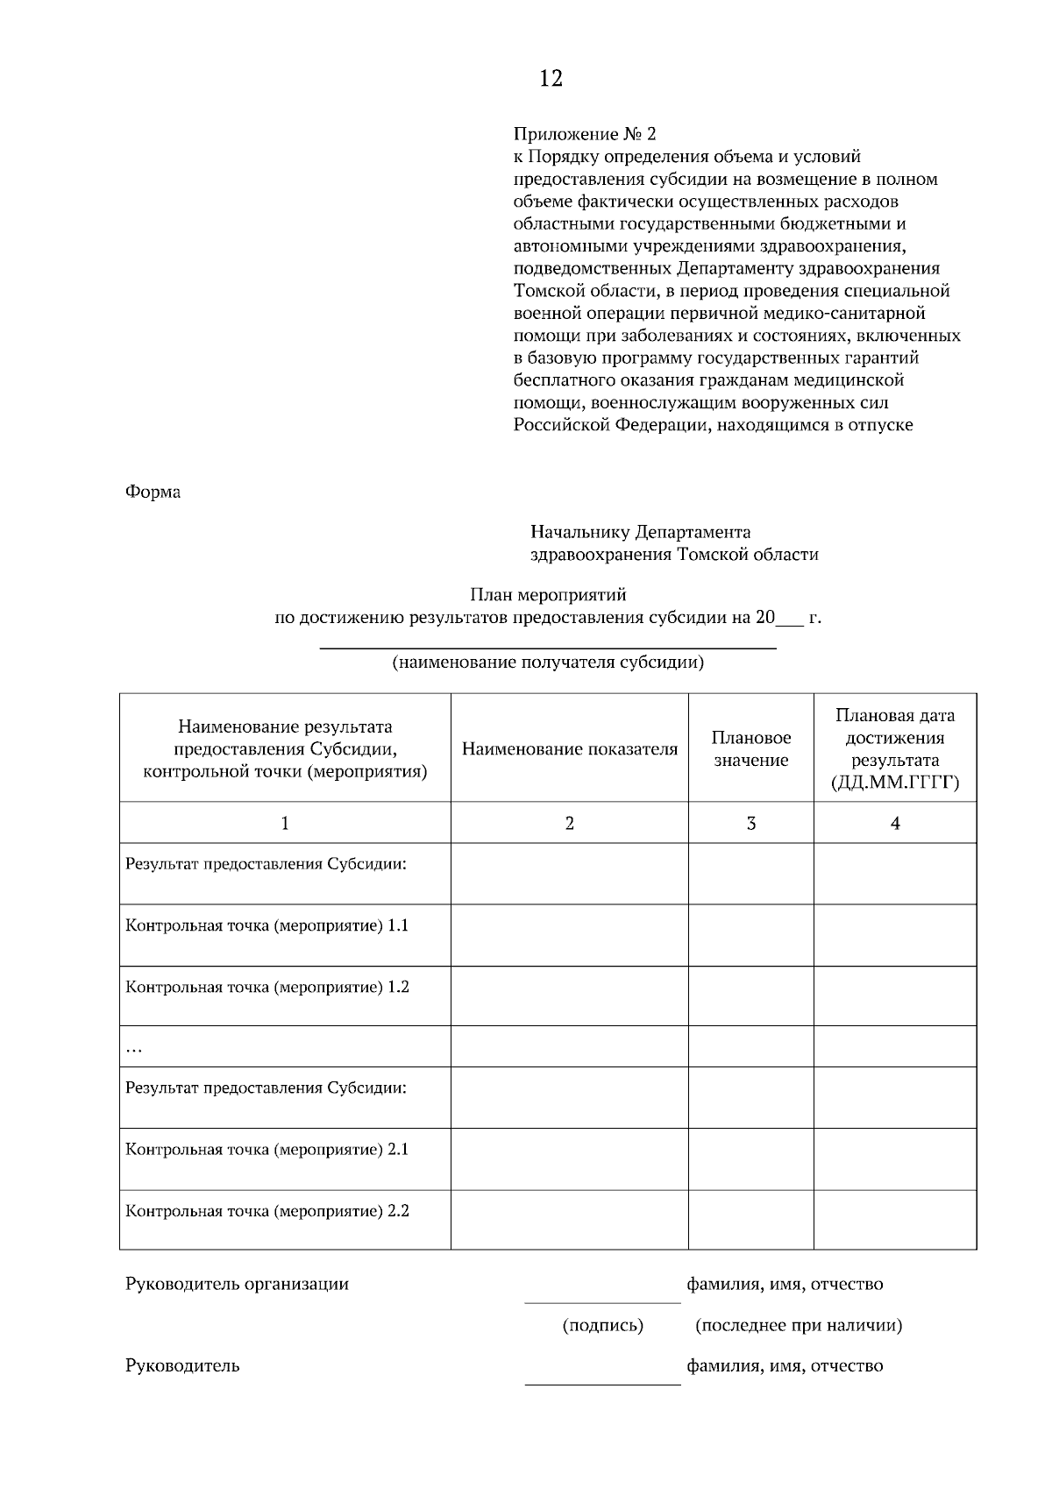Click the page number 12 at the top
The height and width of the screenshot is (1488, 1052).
(551, 79)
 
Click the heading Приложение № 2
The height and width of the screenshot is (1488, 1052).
(584, 134)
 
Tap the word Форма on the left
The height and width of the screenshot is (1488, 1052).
(153, 492)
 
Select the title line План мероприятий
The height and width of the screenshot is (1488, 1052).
(548, 595)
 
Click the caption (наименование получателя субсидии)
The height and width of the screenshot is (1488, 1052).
(548, 662)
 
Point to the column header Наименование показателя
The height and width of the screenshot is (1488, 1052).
(570, 749)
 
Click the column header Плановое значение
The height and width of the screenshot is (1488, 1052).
(751, 749)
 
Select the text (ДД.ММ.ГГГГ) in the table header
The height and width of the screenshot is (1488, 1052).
(895, 783)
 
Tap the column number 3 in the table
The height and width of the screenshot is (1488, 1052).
(751, 823)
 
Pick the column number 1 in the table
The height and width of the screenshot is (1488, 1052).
(285, 823)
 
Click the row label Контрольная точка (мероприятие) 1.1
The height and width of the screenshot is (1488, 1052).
(267, 925)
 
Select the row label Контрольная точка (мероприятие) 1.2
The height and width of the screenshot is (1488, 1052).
(267, 987)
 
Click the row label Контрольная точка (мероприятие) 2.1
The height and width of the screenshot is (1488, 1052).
(267, 1149)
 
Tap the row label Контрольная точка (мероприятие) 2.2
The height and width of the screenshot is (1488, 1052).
(267, 1211)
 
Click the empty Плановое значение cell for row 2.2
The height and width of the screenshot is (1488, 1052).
(751, 1219)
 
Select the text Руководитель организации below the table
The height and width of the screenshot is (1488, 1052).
(237, 1284)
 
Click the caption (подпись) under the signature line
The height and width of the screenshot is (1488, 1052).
(602, 1325)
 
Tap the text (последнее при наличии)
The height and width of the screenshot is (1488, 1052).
(798, 1325)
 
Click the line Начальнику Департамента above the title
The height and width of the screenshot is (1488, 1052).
(640, 532)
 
